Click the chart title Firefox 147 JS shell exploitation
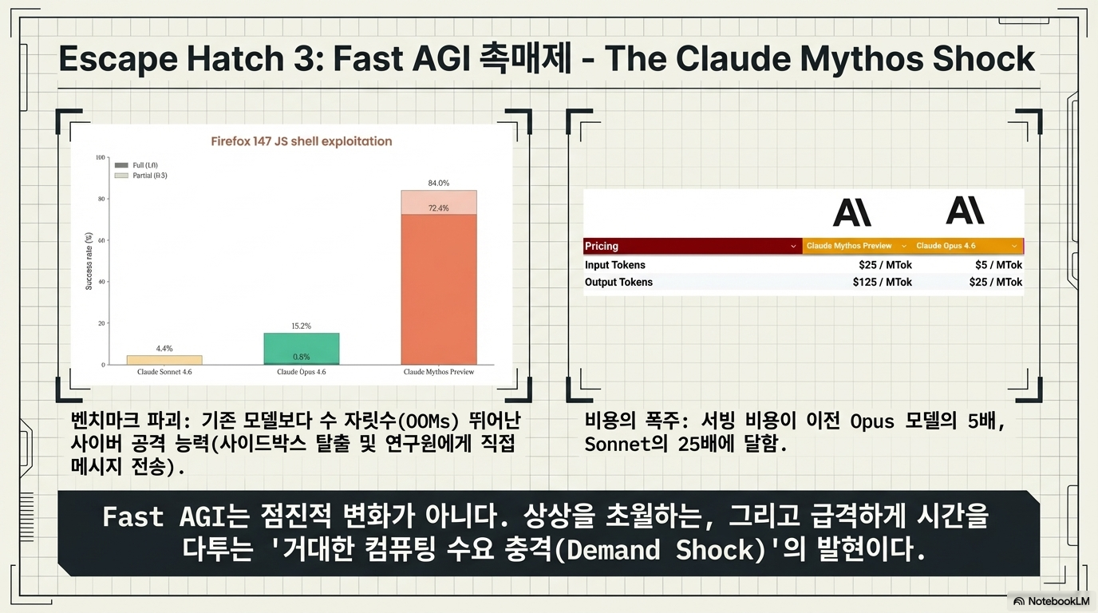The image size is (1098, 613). [302, 141]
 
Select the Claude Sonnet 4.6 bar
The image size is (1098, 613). [164, 360]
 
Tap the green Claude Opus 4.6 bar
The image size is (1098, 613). [302, 349]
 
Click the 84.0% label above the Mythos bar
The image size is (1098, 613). [439, 183]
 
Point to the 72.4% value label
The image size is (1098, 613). [439, 208]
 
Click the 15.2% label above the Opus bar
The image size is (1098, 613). [302, 326]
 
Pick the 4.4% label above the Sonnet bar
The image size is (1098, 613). [164, 348]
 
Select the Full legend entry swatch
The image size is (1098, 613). [121, 165]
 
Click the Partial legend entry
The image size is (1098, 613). [141, 176]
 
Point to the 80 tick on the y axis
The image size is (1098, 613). [101, 199]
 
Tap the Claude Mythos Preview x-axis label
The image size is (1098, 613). [439, 372]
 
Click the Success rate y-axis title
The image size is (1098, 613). [89, 261]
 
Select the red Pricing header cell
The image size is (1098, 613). [693, 246]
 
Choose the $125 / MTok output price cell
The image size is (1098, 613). [883, 282]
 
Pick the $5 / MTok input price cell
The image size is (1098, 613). [998, 265]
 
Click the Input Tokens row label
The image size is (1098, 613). [614, 265]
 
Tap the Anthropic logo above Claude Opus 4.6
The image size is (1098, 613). [965, 211]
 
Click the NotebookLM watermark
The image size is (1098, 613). [1052, 601]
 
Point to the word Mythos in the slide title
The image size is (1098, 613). [863, 58]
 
